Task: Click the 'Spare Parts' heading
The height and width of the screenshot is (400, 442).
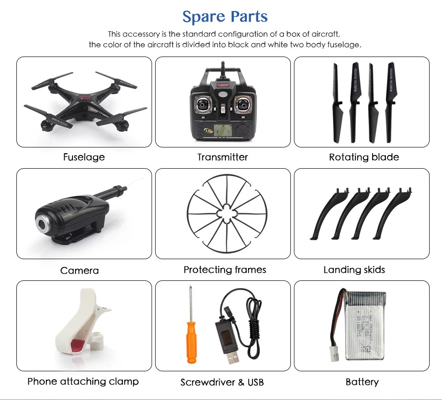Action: [x=225, y=17]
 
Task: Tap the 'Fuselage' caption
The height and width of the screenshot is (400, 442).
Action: [x=84, y=157]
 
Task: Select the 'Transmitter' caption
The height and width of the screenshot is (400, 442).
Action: [x=223, y=157]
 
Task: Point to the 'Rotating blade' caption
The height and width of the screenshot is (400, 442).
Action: [x=364, y=157]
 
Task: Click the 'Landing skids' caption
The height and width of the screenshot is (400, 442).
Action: [x=354, y=270]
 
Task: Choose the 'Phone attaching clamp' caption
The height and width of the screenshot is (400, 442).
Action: [x=83, y=381]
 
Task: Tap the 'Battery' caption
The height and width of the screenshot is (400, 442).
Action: [x=362, y=382]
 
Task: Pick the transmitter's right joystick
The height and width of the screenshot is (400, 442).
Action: [x=242, y=106]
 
